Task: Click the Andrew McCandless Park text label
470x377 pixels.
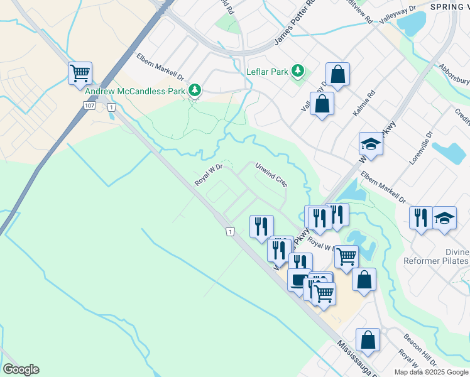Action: point(135,90)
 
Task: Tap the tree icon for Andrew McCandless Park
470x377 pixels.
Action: point(195,90)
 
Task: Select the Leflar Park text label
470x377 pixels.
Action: point(267,72)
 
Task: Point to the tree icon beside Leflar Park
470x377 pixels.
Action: point(299,72)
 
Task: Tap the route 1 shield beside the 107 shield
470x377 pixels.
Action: point(112,108)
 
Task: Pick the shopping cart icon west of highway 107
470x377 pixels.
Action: point(80,74)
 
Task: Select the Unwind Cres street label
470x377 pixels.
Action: point(271,175)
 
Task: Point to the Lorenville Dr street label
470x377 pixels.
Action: point(421,147)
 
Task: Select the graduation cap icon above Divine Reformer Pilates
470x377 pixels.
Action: point(444,219)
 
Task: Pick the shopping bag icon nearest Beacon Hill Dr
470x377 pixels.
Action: point(368,341)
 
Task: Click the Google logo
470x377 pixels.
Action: point(21,369)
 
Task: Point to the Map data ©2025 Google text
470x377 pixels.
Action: point(432,372)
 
